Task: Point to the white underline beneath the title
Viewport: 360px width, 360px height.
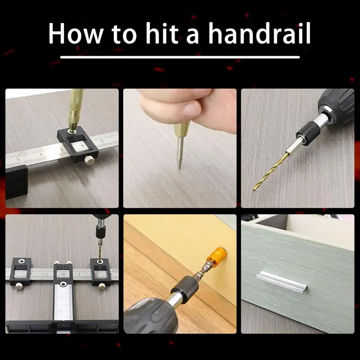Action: point(180,57)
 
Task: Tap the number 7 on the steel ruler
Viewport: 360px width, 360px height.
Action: point(102,141)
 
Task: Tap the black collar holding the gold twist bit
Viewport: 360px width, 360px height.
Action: point(306,133)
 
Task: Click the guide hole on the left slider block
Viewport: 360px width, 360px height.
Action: point(21,261)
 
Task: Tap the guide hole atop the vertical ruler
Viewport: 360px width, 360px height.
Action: point(63,284)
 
